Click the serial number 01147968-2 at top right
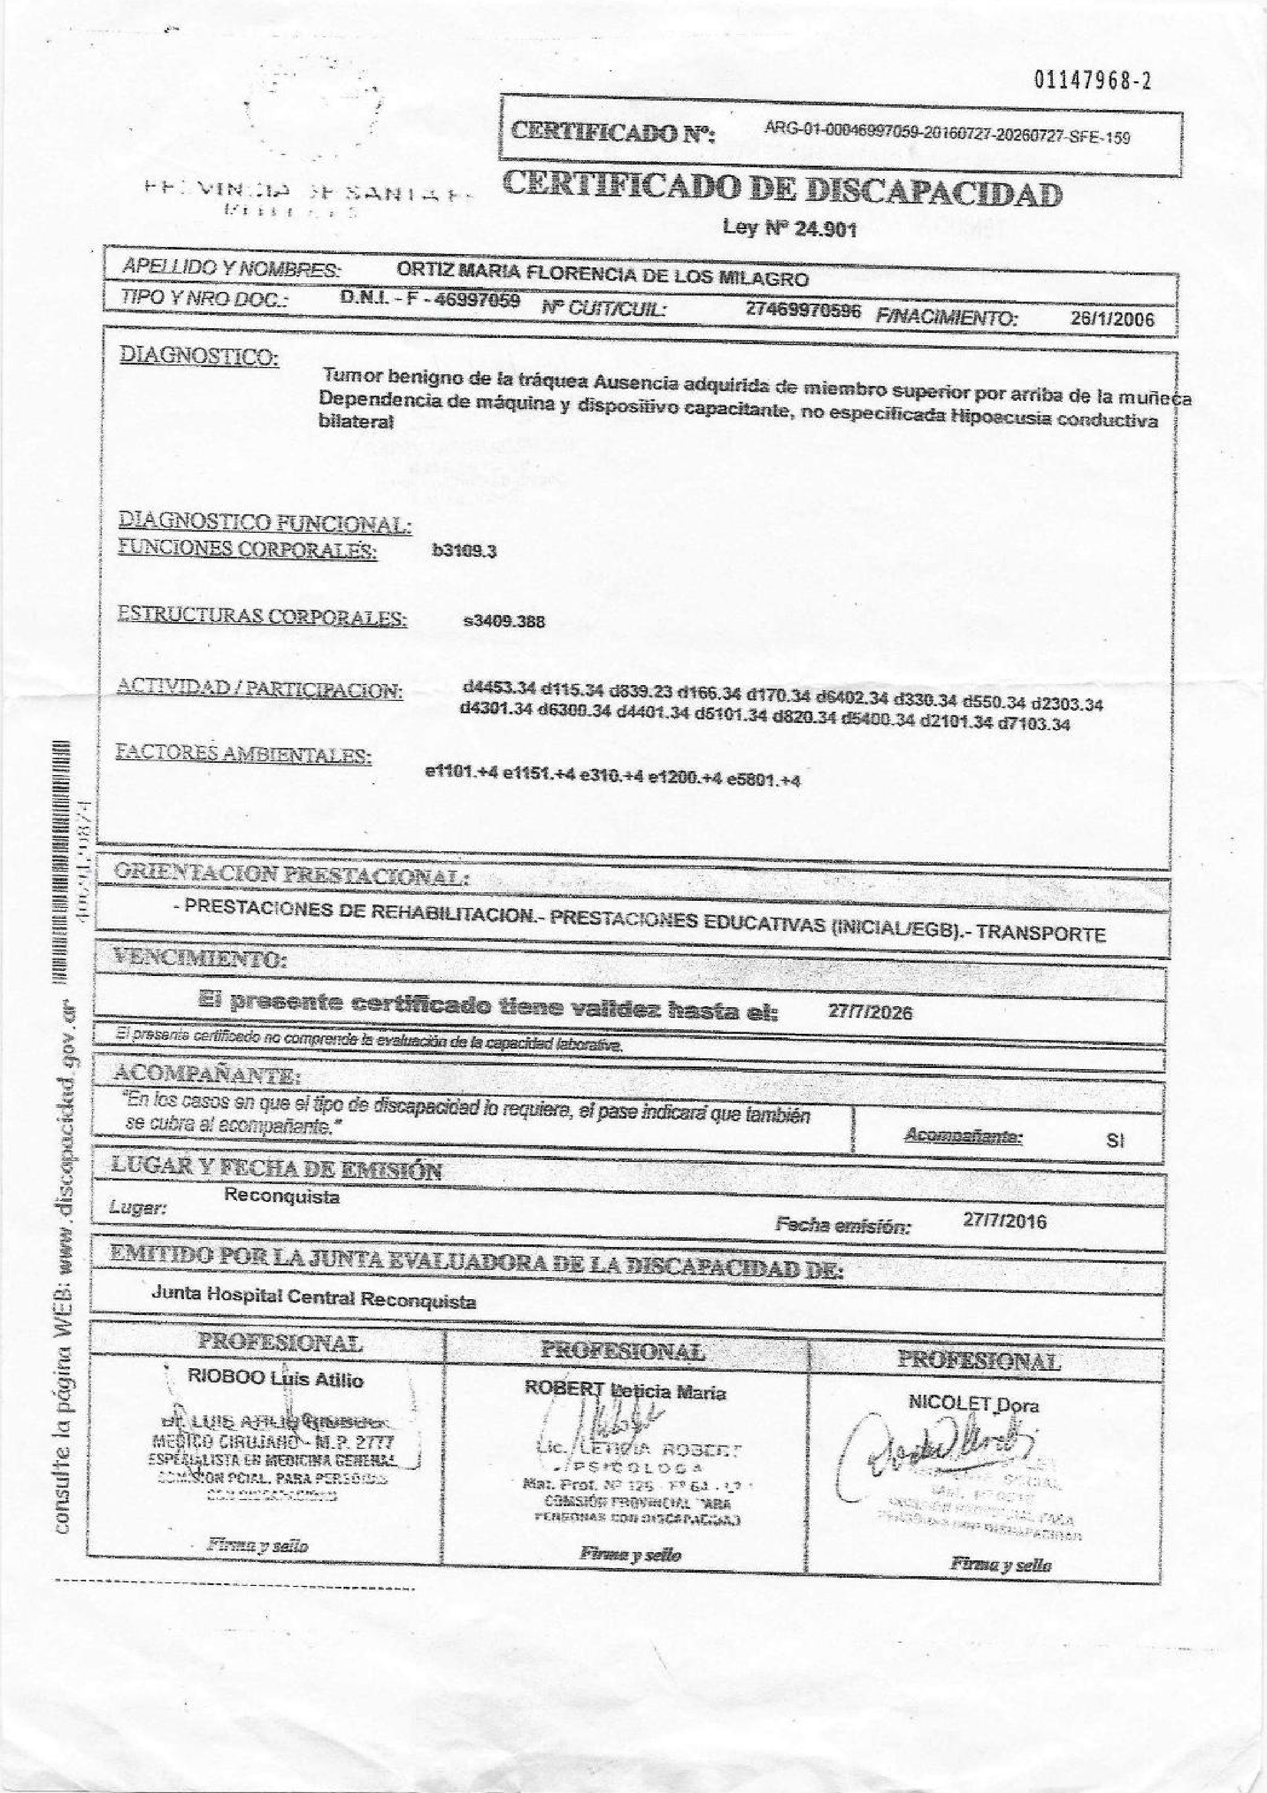coord(1093,81)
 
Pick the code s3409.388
coord(503,622)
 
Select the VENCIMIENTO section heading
coord(199,958)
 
